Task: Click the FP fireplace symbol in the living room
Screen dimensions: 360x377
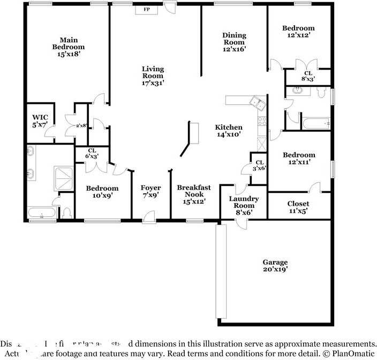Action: (x=146, y=10)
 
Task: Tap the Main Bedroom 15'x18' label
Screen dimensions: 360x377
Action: (x=69, y=47)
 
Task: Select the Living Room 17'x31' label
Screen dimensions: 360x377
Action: (x=153, y=76)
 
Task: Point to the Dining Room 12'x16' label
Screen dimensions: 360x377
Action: (x=233, y=42)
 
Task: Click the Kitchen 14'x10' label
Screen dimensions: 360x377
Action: (x=229, y=131)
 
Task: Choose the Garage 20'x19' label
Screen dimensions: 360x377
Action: (x=275, y=266)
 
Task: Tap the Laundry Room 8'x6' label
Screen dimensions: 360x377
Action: (x=244, y=206)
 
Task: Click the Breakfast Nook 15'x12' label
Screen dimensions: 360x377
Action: (x=194, y=194)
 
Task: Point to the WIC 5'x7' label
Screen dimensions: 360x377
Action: (x=40, y=121)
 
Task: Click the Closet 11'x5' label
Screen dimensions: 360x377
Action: (x=298, y=207)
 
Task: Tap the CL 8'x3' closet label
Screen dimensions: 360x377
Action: (x=308, y=76)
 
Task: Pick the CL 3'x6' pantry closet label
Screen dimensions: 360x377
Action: (x=259, y=165)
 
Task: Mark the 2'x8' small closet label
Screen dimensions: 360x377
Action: (x=81, y=125)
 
